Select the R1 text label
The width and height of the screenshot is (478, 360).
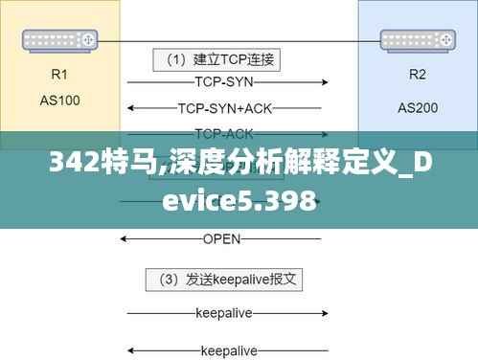(59, 73)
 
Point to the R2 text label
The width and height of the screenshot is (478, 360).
(418, 74)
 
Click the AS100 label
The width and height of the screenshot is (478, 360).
(59, 99)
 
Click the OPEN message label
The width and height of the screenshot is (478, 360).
(221, 238)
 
